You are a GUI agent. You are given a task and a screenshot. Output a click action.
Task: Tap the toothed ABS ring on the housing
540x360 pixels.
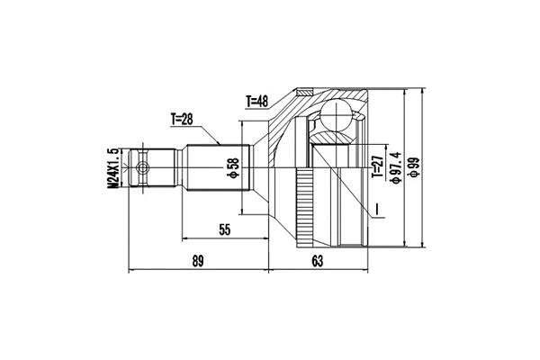tap(306, 207)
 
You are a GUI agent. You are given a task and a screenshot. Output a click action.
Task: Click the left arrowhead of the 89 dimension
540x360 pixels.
tap(133, 269)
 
